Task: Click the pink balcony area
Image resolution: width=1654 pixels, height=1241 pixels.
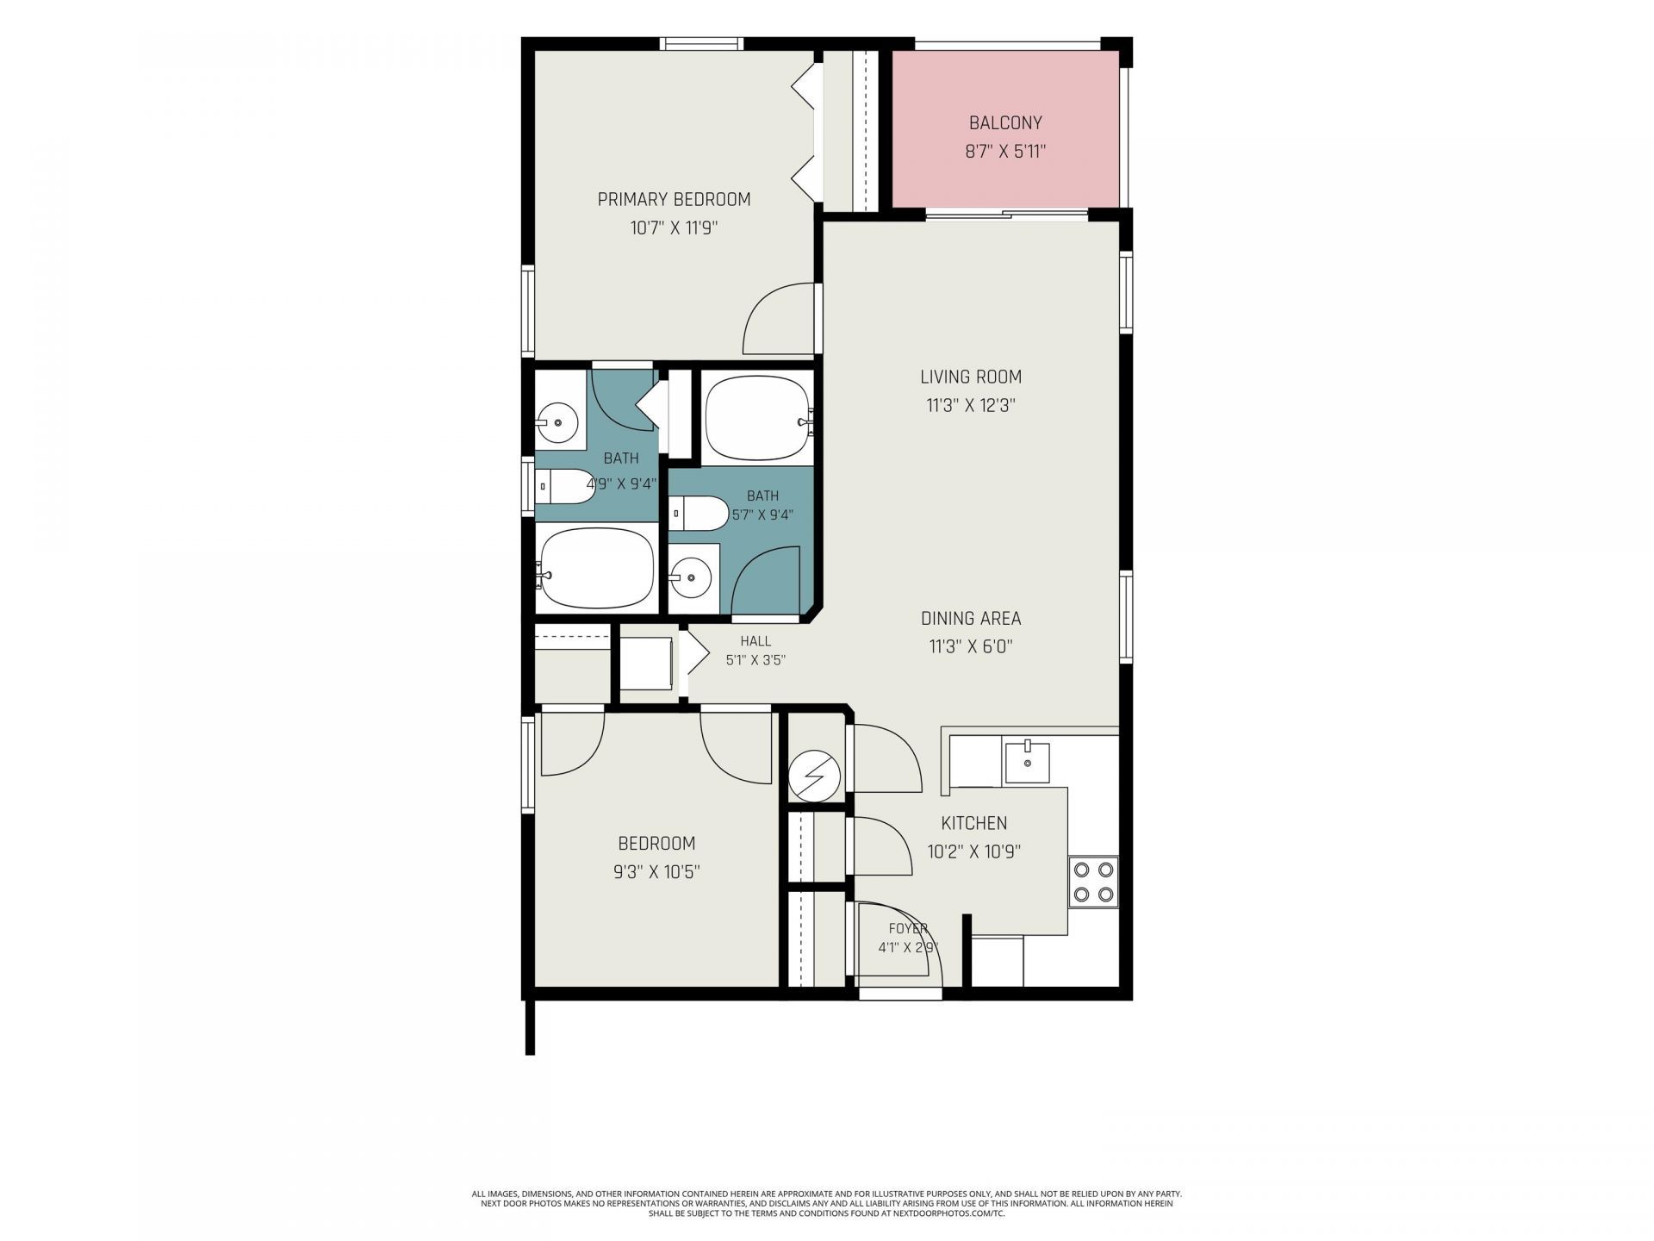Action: pos(1005,129)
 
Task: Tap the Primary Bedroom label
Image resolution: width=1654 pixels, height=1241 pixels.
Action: pos(675,199)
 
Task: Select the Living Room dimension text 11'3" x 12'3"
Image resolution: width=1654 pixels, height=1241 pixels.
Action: pos(971,405)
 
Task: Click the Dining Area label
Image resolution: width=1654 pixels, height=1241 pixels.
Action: pos(971,618)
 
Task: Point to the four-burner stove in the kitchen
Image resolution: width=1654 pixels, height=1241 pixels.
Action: pos(1093,882)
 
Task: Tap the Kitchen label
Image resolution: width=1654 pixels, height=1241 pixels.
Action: pos(974,823)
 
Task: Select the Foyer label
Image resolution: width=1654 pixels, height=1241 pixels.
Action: pos(908,928)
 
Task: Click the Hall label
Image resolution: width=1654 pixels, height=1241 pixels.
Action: pos(755,641)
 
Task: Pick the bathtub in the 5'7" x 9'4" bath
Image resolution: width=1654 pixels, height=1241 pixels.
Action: pos(758,419)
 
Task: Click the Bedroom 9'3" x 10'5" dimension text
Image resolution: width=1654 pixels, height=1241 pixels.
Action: pos(656,872)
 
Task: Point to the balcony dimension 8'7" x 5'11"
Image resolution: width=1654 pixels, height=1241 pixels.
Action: pos(1005,153)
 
